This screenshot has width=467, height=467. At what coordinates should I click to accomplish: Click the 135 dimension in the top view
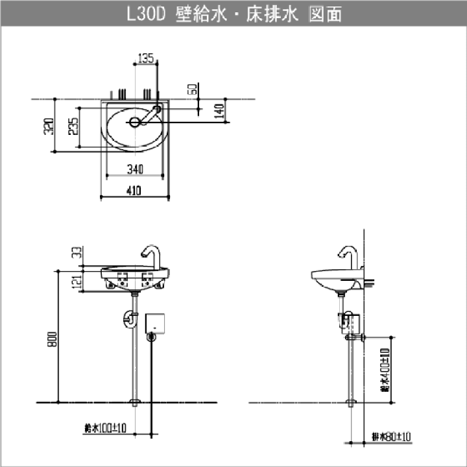click(146, 59)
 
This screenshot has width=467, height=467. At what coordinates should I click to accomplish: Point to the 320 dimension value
click(47, 126)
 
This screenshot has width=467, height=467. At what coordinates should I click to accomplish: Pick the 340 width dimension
click(135, 170)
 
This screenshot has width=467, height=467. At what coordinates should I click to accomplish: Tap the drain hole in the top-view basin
click(134, 121)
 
